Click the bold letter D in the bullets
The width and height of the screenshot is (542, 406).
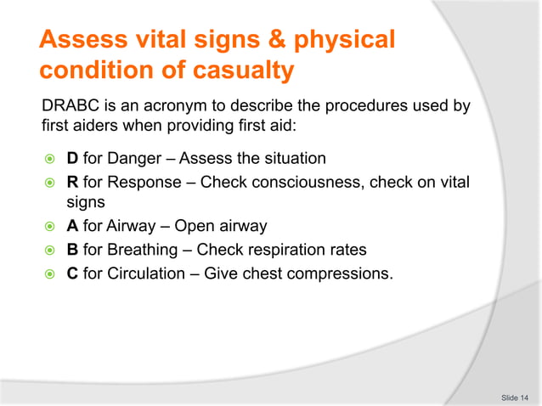[72, 159]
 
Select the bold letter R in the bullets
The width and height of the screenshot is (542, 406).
[72, 182]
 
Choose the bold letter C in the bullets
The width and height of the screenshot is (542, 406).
[72, 274]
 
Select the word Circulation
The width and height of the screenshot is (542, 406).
[145, 274]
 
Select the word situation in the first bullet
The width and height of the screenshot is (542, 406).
[295, 159]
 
